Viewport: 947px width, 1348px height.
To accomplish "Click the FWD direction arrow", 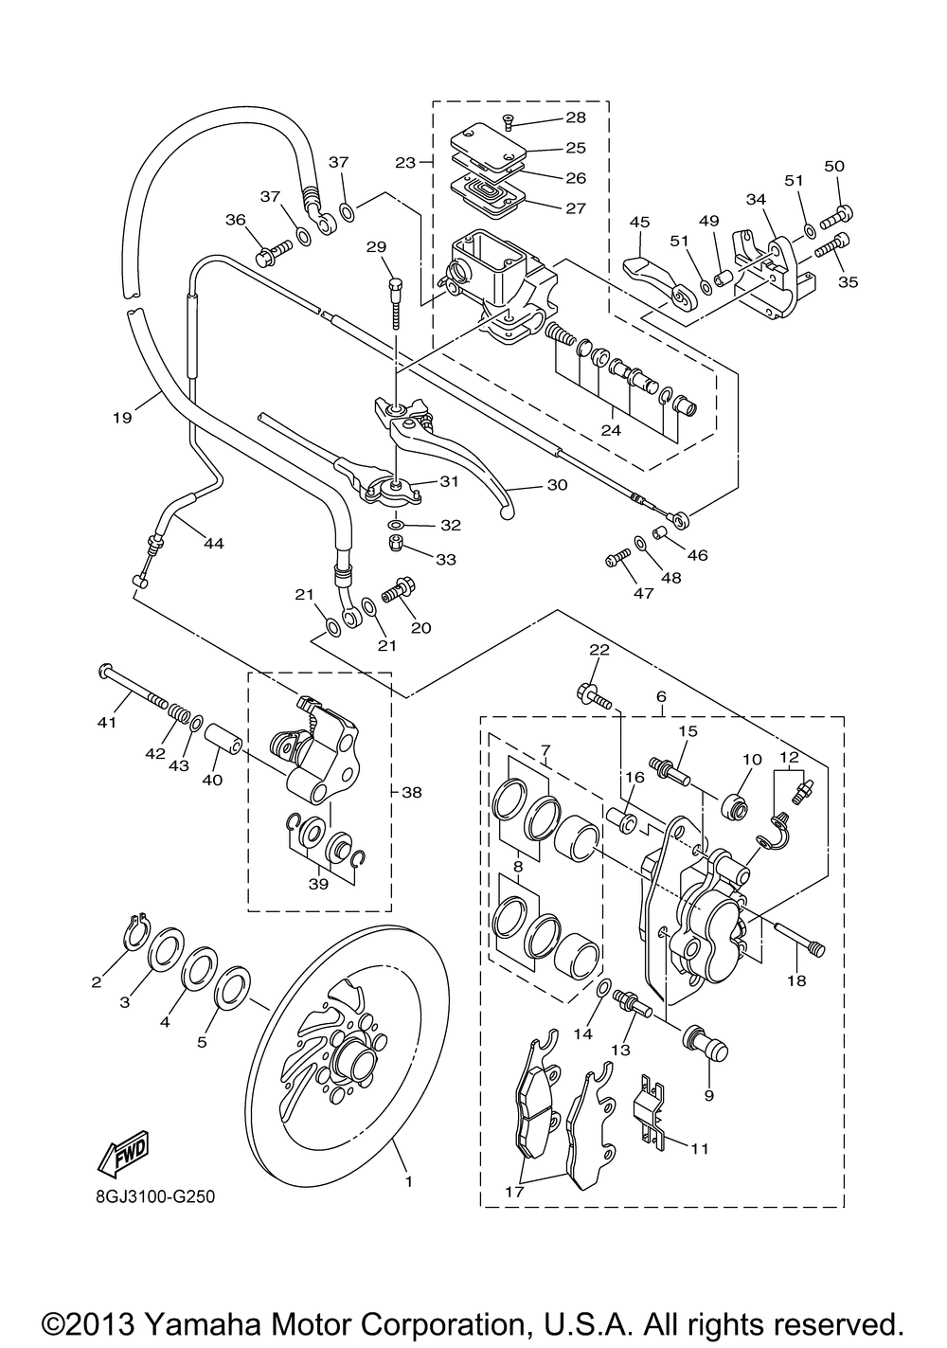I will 121,1153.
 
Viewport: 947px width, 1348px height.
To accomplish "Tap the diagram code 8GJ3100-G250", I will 154,1197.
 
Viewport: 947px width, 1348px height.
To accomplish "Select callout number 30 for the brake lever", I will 557,484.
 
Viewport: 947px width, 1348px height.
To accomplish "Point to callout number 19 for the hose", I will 119,415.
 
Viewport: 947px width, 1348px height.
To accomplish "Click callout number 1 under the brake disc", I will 408,1180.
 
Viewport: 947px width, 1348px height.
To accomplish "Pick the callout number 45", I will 639,222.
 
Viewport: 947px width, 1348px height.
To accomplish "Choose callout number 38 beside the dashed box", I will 413,792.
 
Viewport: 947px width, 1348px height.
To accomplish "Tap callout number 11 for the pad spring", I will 699,1149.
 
